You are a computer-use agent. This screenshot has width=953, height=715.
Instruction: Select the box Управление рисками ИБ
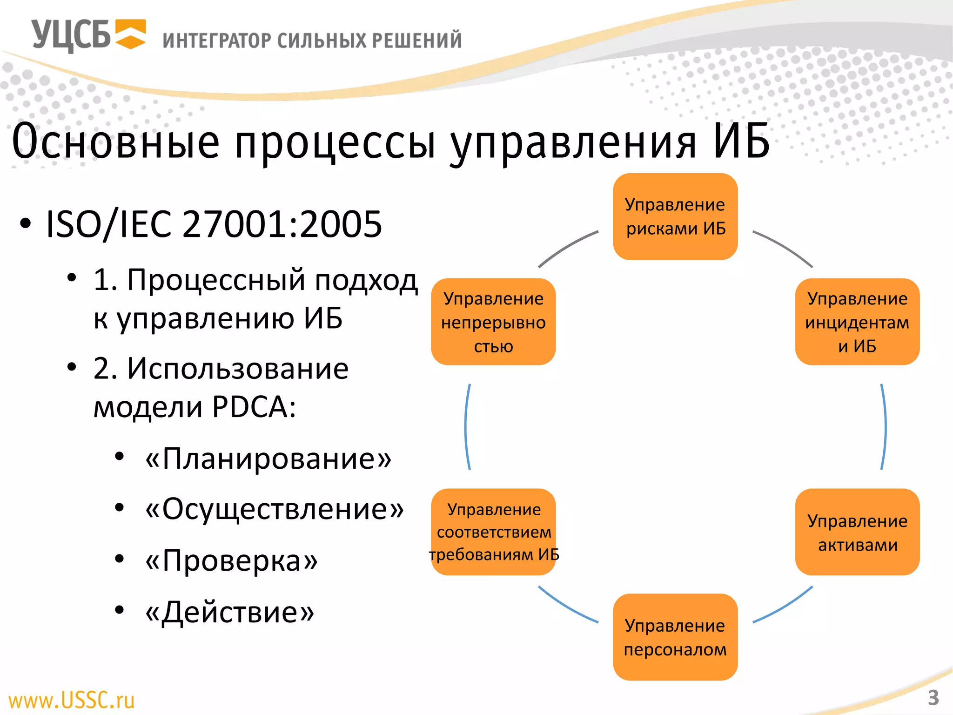675,216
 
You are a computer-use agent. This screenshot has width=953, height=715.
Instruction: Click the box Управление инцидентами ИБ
857,322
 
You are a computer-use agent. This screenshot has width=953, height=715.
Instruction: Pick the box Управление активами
857,532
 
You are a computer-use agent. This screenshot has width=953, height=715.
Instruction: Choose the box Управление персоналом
675,637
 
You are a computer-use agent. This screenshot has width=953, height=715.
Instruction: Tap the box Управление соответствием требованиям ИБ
494,532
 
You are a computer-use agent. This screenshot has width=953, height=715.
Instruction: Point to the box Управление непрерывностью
493,322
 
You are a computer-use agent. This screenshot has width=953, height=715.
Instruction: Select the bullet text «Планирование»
268,459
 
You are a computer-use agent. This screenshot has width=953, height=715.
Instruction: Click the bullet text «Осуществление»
275,509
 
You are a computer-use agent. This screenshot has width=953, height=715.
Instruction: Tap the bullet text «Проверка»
231,560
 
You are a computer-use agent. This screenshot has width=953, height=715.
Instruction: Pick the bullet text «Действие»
230,612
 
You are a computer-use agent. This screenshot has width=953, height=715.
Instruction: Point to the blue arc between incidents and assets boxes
885,427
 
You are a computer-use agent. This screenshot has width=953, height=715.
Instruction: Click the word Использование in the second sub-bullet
238,369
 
